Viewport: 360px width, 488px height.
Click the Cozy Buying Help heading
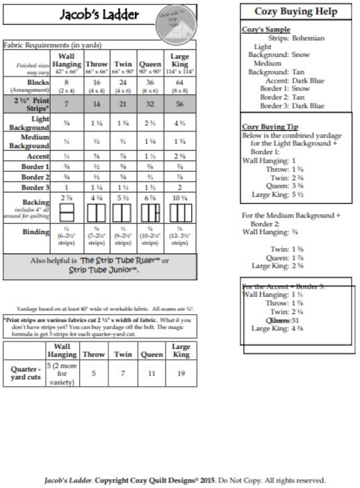(x=296, y=13)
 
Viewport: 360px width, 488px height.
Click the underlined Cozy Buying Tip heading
(x=269, y=127)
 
